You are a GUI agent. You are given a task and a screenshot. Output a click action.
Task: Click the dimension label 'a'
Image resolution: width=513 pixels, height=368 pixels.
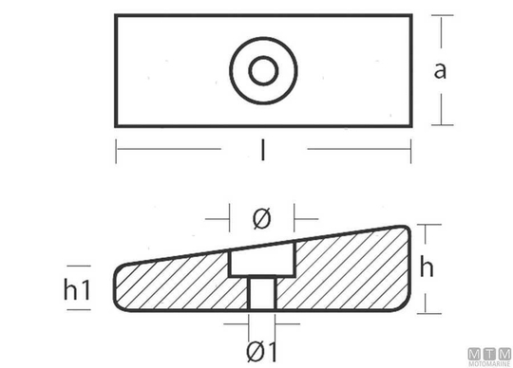tap(440, 71)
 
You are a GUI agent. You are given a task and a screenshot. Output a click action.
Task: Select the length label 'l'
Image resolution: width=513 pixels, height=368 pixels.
tap(263, 150)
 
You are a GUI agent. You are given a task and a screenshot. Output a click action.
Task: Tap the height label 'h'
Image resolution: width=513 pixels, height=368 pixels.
tap(427, 267)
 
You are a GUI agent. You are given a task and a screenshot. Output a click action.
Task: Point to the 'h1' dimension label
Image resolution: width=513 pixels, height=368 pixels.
tap(77, 289)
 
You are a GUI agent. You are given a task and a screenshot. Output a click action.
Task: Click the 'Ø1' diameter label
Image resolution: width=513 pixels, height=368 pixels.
tap(261, 351)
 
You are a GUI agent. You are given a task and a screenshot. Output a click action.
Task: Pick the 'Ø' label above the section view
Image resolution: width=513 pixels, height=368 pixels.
tap(262, 218)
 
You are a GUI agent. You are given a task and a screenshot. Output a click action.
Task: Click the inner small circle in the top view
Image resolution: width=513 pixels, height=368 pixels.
tap(263, 70)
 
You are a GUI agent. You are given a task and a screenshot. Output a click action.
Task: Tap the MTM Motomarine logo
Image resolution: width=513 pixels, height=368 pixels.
tap(489, 357)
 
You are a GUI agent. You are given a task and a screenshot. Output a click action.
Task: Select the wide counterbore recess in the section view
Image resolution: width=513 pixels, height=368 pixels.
tap(262, 260)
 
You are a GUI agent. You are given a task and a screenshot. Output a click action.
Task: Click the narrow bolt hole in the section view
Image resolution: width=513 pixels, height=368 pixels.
tap(262, 292)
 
